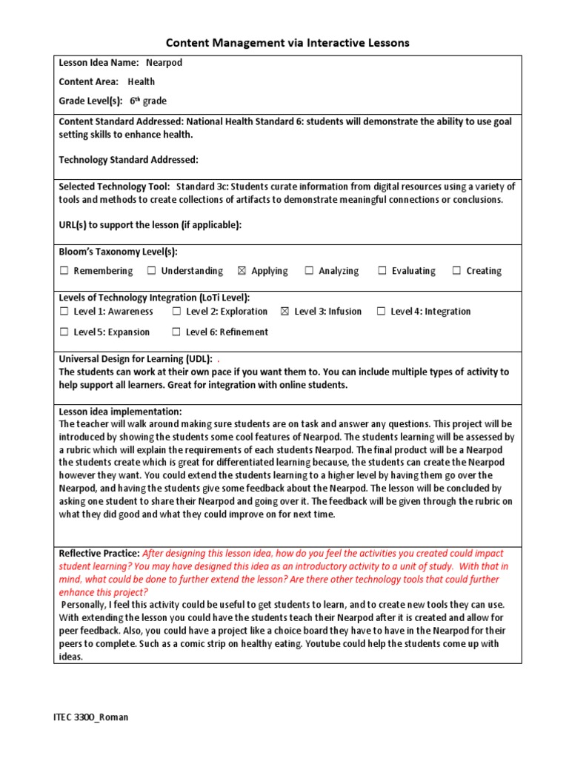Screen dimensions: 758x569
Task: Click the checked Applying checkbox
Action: coord(242,271)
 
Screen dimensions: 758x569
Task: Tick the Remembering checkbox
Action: coord(64,271)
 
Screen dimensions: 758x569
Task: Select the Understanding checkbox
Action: coord(151,271)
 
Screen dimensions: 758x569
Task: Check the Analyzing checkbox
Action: coord(309,271)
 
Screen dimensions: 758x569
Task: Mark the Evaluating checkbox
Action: coord(382,271)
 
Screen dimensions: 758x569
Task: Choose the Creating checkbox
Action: coord(456,271)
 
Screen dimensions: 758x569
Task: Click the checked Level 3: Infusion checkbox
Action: coord(284,312)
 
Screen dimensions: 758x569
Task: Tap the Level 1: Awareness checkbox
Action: coord(64,312)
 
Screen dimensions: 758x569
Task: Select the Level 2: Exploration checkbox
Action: coord(176,312)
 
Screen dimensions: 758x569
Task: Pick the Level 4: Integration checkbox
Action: coord(381,312)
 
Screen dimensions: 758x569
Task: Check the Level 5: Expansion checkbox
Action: coord(64,332)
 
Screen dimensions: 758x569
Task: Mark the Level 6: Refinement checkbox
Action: coord(176,332)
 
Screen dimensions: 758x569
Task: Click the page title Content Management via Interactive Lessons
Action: coord(287,43)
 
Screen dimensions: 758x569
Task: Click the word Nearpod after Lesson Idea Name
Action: coord(164,63)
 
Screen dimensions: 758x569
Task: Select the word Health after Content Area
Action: coord(142,82)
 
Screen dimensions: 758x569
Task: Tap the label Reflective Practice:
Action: coord(99,554)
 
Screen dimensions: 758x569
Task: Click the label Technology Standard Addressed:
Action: coord(128,160)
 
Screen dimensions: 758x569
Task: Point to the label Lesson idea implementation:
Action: coord(120,412)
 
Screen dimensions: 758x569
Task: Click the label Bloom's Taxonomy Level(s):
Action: coord(118,252)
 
